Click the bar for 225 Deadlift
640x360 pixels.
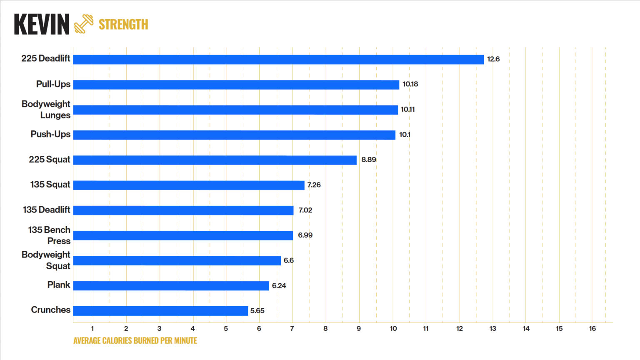click(x=278, y=60)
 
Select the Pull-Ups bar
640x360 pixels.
click(x=236, y=85)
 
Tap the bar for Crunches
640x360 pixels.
click(x=160, y=311)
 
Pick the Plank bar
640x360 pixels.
click(x=171, y=286)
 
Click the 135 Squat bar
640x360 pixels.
click(x=189, y=185)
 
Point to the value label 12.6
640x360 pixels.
click(x=493, y=59)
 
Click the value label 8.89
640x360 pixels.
click(x=369, y=160)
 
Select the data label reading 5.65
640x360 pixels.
click(x=257, y=311)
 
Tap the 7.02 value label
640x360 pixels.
click(x=305, y=210)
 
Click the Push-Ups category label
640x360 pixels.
click(x=50, y=134)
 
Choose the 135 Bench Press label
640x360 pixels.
click(x=49, y=235)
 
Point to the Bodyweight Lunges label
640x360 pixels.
click(x=46, y=110)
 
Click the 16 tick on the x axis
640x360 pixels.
click(x=592, y=329)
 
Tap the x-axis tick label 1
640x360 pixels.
click(x=92, y=329)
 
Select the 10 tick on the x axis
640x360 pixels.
click(x=393, y=329)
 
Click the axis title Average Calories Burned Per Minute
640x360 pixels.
click(x=135, y=341)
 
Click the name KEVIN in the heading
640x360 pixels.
click(x=42, y=25)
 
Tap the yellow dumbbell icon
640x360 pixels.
click(x=84, y=24)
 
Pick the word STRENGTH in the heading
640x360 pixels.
click(x=123, y=25)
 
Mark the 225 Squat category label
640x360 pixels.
click(x=50, y=160)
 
